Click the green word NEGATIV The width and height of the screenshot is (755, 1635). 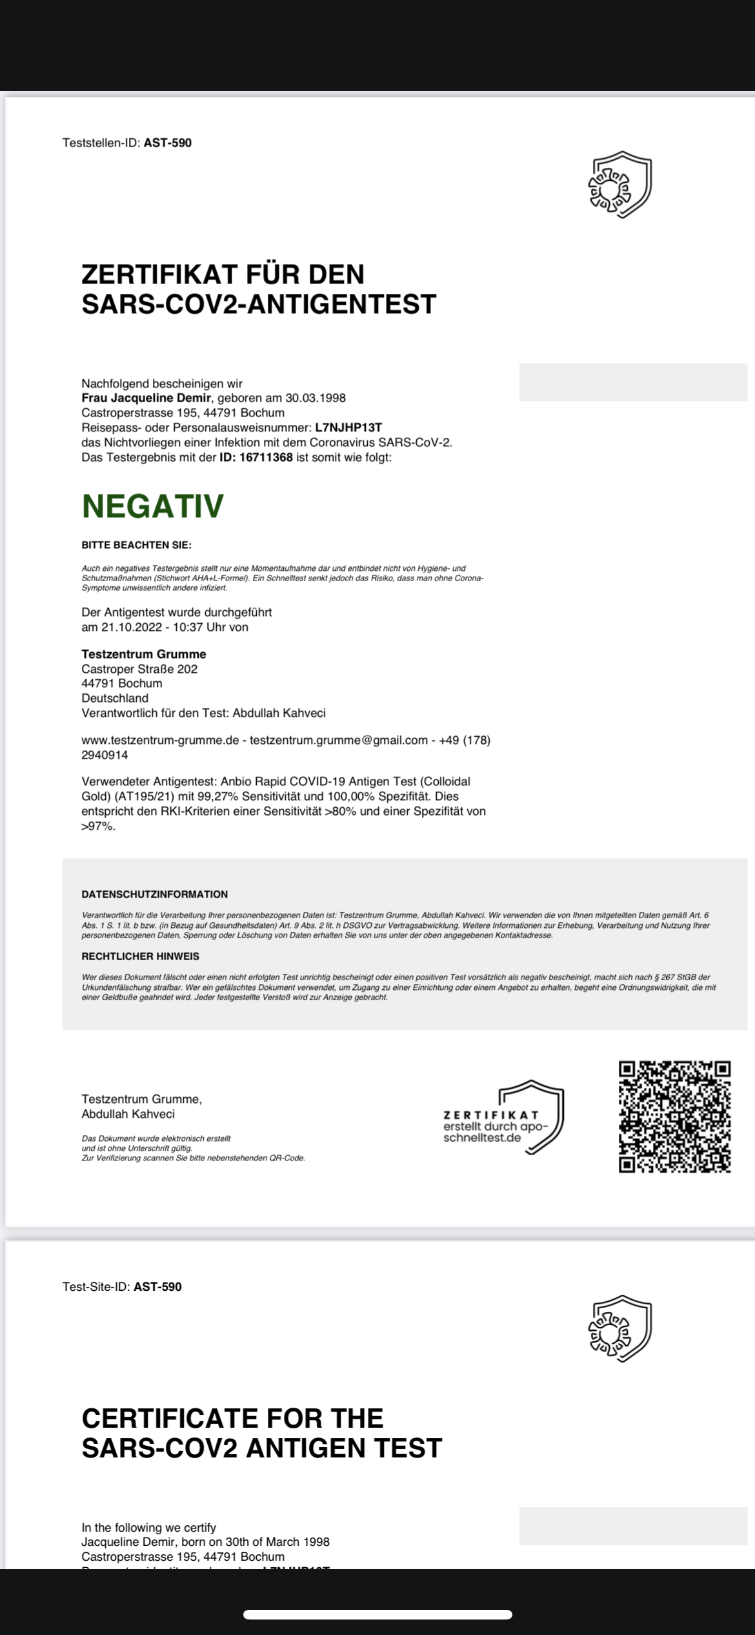pyautogui.click(x=152, y=506)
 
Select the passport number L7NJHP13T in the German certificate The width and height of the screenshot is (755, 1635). pyautogui.click(x=348, y=427)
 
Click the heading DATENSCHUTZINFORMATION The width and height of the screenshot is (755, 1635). pyautogui.click(x=154, y=894)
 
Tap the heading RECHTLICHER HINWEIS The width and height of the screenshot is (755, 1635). pyautogui.click(x=140, y=956)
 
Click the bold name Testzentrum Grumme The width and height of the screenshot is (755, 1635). pyautogui.click(x=143, y=654)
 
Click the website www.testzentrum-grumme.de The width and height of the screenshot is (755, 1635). pyautogui.click(x=160, y=740)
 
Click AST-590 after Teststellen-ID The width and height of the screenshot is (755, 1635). pyautogui.click(x=167, y=143)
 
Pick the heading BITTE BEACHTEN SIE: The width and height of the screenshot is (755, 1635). pyautogui.click(x=136, y=545)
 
